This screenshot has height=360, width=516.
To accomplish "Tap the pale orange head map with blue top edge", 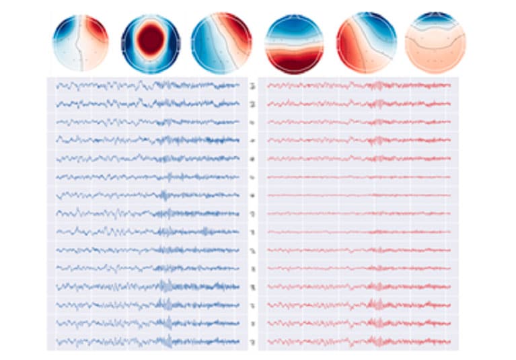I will click(436, 42).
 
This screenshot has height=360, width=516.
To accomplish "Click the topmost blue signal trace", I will click(148, 85).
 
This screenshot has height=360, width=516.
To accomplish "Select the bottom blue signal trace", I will click(148, 341).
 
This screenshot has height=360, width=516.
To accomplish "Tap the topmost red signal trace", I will click(357, 85).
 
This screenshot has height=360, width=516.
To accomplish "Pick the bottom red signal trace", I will click(357, 341).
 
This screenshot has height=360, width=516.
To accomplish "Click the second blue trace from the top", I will click(148, 104).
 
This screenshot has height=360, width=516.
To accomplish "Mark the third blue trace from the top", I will click(148, 122).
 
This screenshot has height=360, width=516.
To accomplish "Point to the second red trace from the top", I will click(357, 104).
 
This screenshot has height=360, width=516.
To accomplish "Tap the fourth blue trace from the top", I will click(148, 140).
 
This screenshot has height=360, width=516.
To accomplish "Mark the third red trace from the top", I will click(357, 122).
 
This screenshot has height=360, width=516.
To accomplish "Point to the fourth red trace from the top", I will click(357, 140).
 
